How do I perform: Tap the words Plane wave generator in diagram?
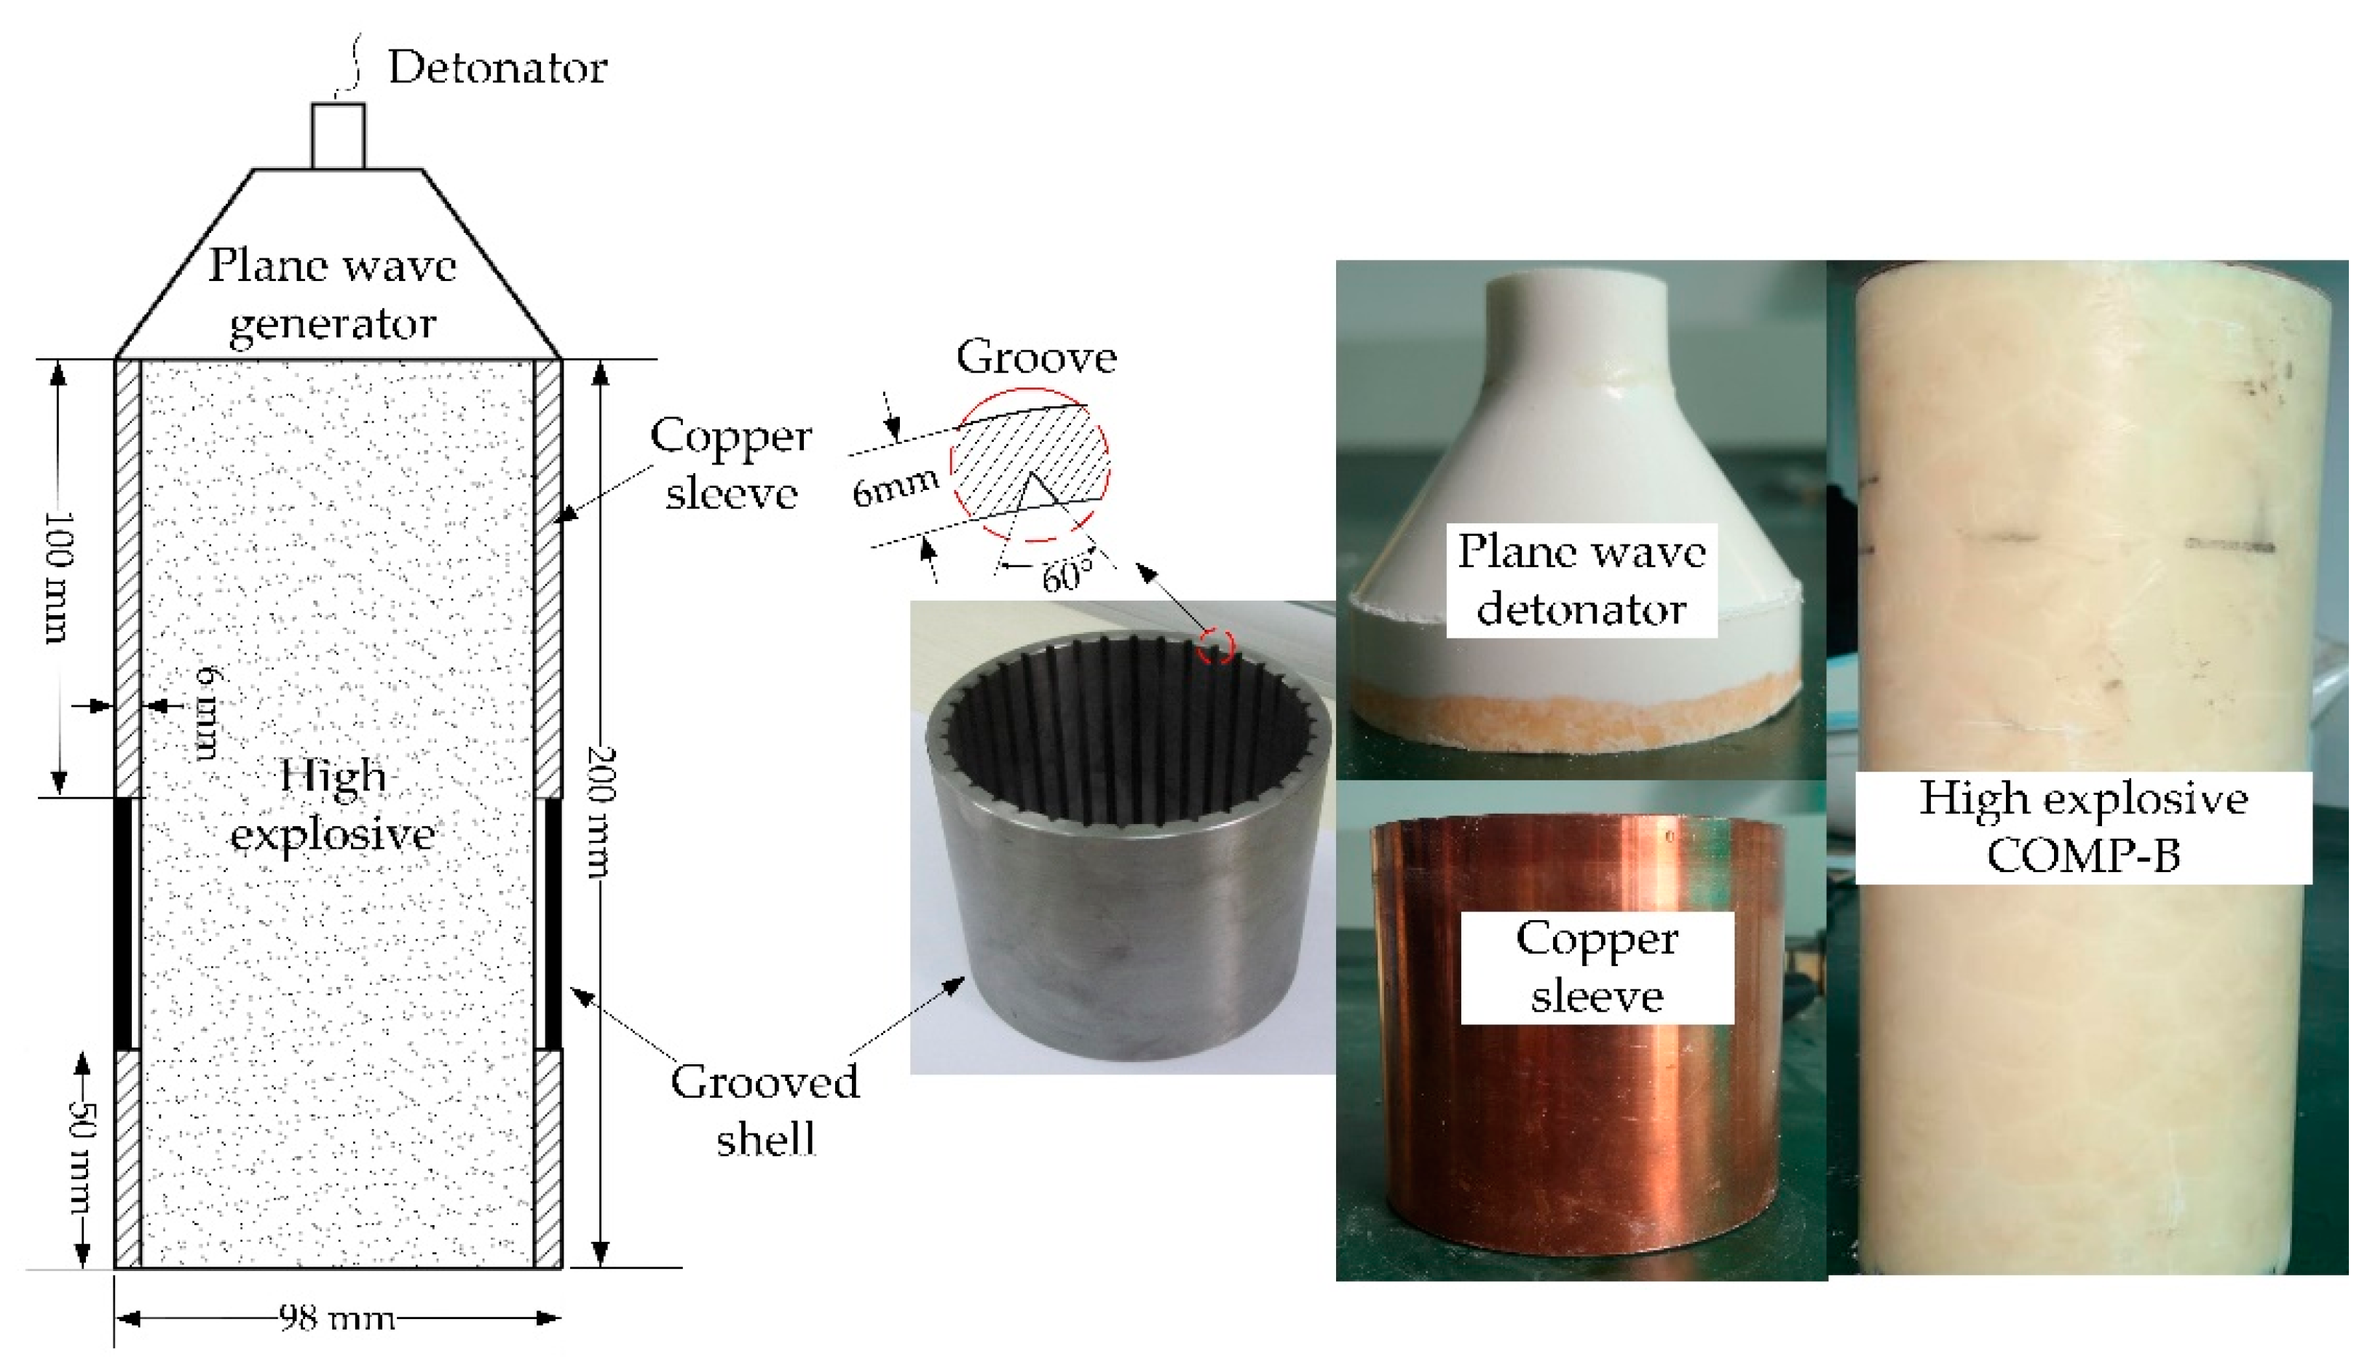pyautogui.click(x=333, y=293)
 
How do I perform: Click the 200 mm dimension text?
pyautogui.click(x=600, y=811)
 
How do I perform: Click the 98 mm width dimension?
pyautogui.click(x=337, y=1318)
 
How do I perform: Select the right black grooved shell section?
pyautogui.click(x=553, y=922)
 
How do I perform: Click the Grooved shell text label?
pyautogui.click(x=765, y=1110)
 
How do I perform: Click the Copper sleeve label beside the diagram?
pyautogui.click(x=730, y=464)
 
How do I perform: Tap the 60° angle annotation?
pyautogui.click(x=1067, y=575)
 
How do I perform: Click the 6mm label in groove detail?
pyautogui.click(x=894, y=486)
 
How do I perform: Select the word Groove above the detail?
pyautogui.click(x=1035, y=357)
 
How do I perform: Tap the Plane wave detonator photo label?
pyautogui.click(x=1581, y=580)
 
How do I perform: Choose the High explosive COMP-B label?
pyautogui.click(x=2082, y=827)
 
